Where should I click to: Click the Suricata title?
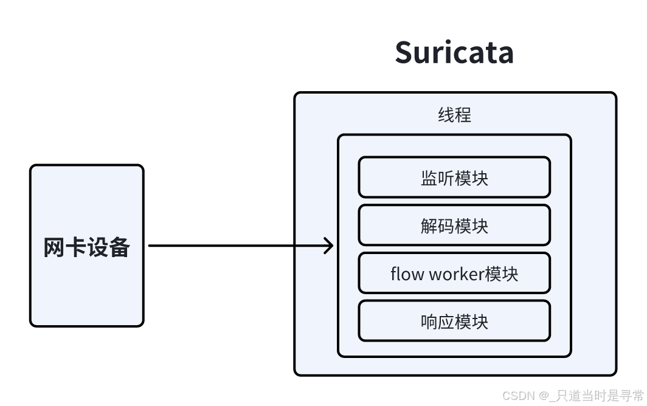(x=454, y=52)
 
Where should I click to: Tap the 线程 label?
(x=454, y=115)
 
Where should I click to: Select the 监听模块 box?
(x=454, y=177)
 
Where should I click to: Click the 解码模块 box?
(x=454, y=225)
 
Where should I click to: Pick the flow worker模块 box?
(x=454, y=273)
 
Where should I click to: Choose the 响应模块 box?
(x=454, y=320)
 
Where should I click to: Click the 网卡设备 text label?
(x=86, y=247)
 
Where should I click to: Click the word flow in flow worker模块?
(x=406, y=274)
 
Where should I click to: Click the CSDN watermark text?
(x=573, y=396)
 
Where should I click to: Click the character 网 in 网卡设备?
(x=54, y=247)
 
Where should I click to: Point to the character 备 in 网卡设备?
(x=120, y=247)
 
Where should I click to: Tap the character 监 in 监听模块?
(x=429, y=178)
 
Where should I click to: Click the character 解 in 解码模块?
(x=429, y=226)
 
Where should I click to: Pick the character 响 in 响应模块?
(x=429, y=322)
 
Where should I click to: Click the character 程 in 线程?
(x=463, y=115)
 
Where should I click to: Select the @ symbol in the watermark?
(x=544, y=396)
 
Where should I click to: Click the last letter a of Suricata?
(x=505, y=55)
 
